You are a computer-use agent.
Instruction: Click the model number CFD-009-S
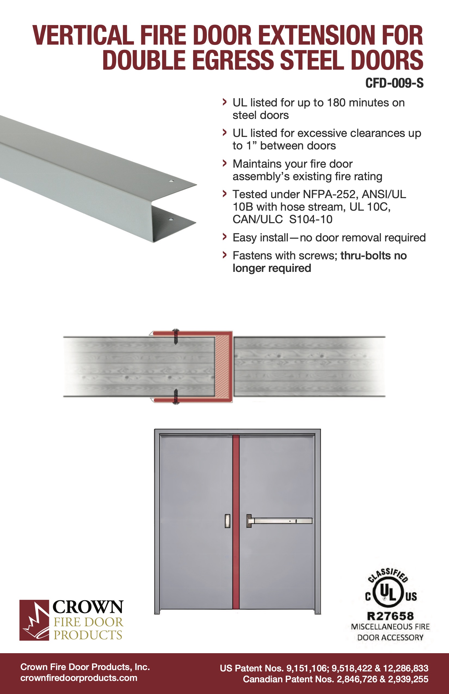click(x=394, y=83)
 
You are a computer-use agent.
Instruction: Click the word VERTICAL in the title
click(x=83, y=36)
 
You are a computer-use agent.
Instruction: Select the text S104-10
click(x=310, y=219)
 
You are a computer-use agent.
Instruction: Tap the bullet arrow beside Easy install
click(x=224, y=237)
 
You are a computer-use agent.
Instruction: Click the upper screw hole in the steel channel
click(x=171, y=181)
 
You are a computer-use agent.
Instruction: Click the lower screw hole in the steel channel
click(x=171, y=219)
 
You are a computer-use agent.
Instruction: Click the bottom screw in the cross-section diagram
click(x=176, y=397)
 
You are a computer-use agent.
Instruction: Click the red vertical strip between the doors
click(x=236, y=522)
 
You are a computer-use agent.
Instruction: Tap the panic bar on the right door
click(x=280, y=521)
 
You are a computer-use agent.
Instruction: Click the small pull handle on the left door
click(x=227, y=521)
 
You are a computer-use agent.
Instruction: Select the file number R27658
click(x=390, y=616)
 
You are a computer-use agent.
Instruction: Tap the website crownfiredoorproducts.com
click(x=79, y=678)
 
